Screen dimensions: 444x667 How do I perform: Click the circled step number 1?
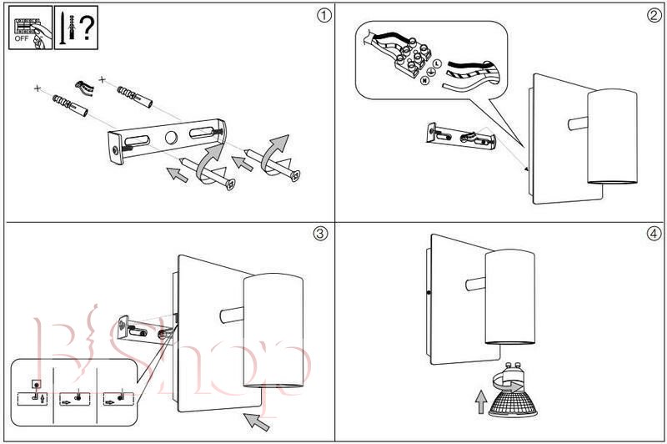tap(321, 14)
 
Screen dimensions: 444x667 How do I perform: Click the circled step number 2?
tap(654, 14)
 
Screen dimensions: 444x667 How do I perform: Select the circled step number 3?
tap(321, 233)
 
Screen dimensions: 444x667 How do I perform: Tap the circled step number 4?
tap(654, 233)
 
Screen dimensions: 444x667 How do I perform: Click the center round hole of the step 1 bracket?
tap(171, 139)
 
